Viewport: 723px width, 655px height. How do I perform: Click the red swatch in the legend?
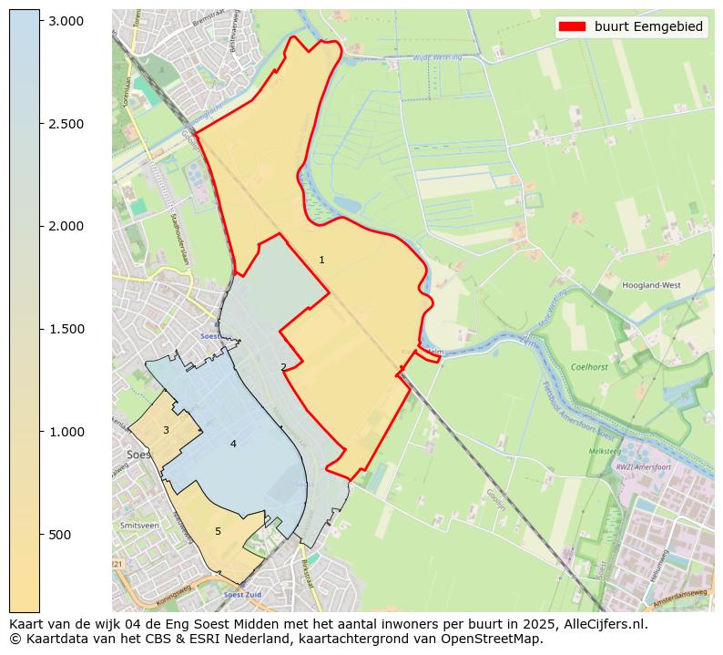tap(573, 26)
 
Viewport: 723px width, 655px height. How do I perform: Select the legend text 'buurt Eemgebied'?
tap(648, 26)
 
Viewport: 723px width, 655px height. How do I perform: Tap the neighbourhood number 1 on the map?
tap(321, 261)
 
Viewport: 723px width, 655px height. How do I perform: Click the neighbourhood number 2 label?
tap(283, 367)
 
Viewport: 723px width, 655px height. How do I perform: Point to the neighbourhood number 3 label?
tap(166, 430)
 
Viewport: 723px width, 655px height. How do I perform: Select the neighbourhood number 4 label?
tap(233, 444)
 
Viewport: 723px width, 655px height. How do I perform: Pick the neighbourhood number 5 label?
tap(218, 531)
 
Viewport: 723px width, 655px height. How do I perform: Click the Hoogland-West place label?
tap(651, 285)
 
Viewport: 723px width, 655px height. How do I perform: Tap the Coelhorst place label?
tap(588, 367)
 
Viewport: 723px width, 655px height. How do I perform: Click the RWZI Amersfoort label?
tap(643, 467)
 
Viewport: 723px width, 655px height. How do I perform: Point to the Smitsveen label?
tap(139, 526)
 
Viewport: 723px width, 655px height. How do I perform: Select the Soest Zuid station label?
tap(242, 594)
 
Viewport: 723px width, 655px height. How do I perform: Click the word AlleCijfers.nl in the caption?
tap(603, 624)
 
